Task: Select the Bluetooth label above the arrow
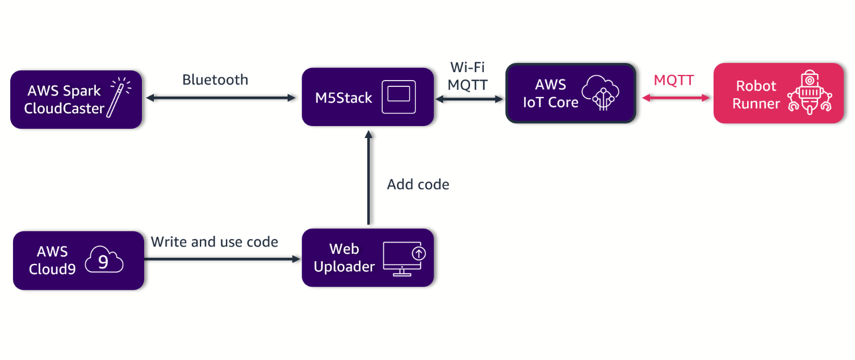pyautogui.click(x=215, y=80)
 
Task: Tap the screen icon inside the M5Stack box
pyautogui.click(x=399, y=98)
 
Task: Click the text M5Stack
pyautogui.click(x=343, y=98)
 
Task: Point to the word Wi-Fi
pyautogui.click(x=467, y=68)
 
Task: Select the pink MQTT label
pyautogui.click(x=673, y=80)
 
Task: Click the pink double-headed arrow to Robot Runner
pyautogui.click(x=676, y=98)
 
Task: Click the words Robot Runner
pyautogui.click(x=756, y=94)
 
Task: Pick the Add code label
pyautogui.click(x=418, y=185)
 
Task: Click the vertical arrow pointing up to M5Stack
pyautogui.click(x=368, y=179)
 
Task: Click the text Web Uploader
pyautogui.click(x=344, y=258)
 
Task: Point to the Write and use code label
pyautogui.click(x=214, y=242)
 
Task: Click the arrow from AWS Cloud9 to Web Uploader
pyautogui.click(x=221, y=259)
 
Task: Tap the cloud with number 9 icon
pyautogui.click(x=104, y=261)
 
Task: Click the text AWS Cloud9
pyautogui.click(x=52, y=260)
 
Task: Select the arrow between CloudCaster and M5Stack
pyautogui.click(x=221, y=98)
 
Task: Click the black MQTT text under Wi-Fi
pyautogui.click(x=467, y=84)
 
